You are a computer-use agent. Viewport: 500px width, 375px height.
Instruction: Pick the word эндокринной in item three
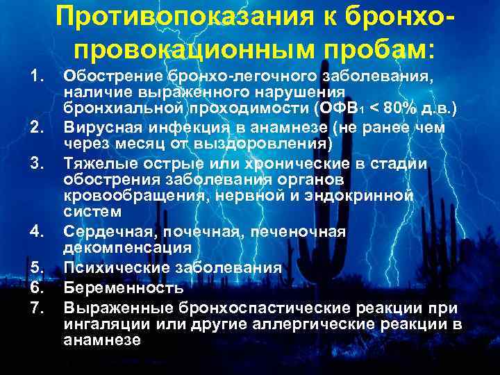(x=374, y=197)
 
